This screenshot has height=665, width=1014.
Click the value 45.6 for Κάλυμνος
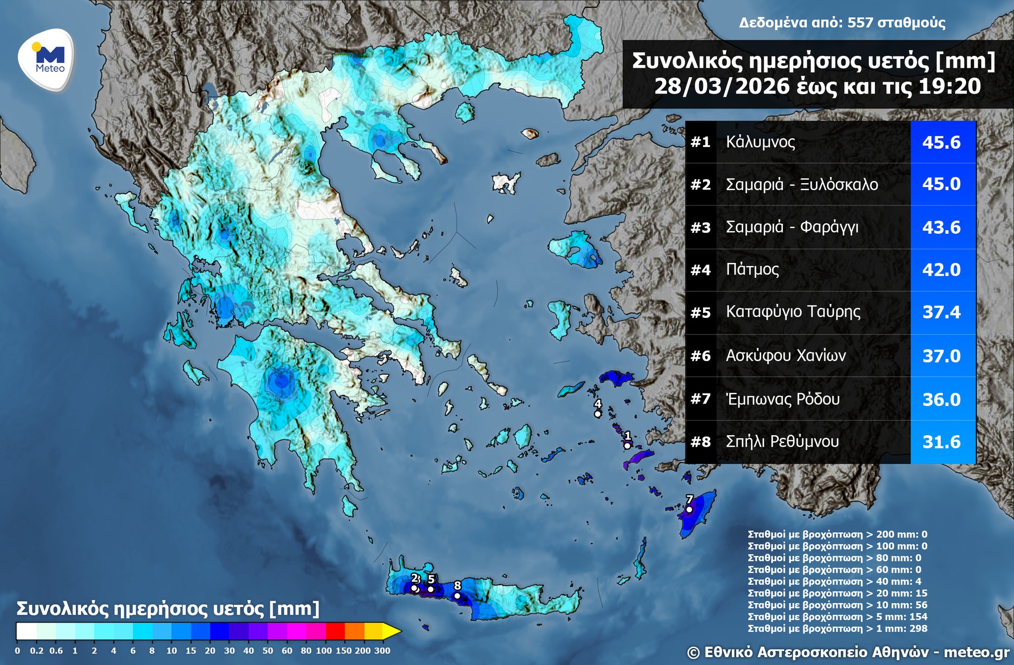941,143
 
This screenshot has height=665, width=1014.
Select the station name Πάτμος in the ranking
752,269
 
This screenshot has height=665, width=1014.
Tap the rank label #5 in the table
700,312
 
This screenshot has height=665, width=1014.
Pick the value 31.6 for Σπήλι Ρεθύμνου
941,442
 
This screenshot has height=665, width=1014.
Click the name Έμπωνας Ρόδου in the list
782,399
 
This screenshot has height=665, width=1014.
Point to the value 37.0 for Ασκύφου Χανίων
941,356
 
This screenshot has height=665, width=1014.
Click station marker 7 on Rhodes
689,510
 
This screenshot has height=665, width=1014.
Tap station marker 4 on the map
598,414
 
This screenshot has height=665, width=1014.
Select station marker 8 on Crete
457,596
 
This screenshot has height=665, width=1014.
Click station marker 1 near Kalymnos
627,446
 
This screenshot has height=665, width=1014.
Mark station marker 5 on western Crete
431,589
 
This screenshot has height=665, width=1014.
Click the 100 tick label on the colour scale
323,651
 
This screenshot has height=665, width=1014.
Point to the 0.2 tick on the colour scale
37,651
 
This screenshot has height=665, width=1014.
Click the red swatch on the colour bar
335,631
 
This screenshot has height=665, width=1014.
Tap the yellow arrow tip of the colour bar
393,631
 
